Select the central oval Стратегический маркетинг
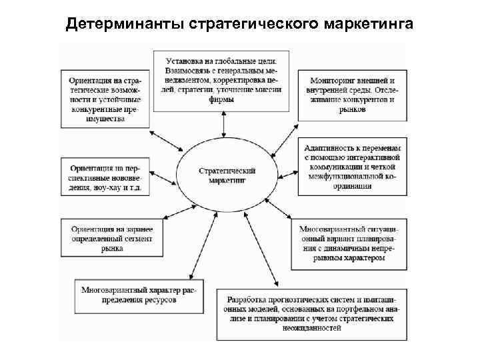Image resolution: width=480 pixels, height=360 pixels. pos(227,175)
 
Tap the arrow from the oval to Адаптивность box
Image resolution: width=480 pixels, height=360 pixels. pos(285,172)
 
